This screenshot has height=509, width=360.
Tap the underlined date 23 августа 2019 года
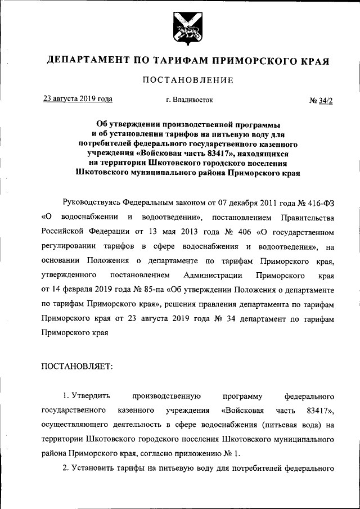click(78, 99)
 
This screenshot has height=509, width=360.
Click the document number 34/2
click(325, 101)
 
